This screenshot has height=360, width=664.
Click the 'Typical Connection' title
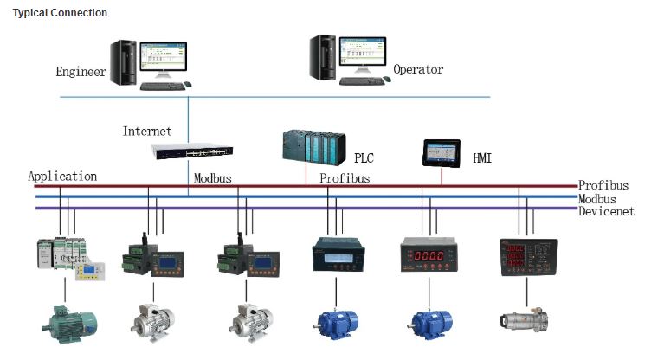[x=60, y=13]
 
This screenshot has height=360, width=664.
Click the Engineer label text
[x=81, y=72]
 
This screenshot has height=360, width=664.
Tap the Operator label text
[x=418, y=69]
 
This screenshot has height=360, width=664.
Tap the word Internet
[x=147, y=132]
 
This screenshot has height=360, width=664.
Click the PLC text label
[x=364, y=158]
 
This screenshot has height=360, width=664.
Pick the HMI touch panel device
[x=442, y=152]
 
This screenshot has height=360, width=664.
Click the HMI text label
[x=482, y=159]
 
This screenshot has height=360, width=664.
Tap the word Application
[x=62, y=177]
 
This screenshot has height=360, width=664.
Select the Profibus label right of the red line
[x=603, y=185]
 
